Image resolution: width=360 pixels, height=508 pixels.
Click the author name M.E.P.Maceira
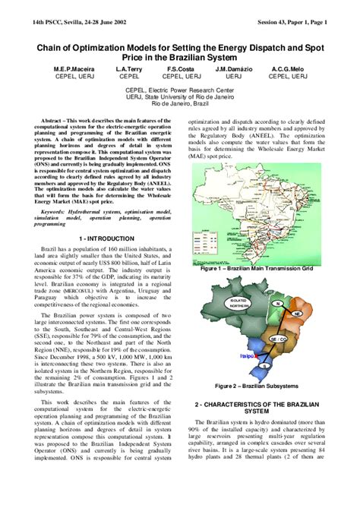coord(63,68)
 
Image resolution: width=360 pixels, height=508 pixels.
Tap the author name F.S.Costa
coord(182,68)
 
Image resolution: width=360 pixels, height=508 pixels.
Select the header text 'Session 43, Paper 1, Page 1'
coord(292,22)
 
